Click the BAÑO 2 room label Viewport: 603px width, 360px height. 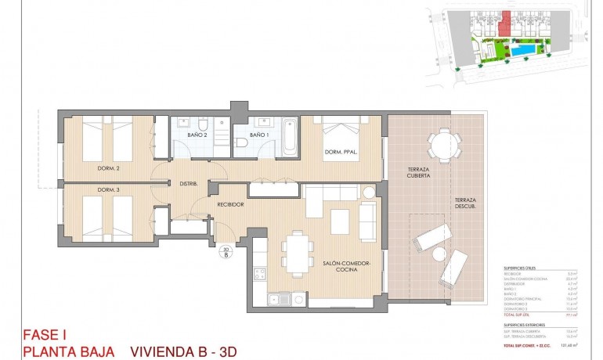[x=197, y=135]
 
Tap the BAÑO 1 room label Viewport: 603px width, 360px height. [x=259, y=135]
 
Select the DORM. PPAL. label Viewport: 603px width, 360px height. [x=341, y=153]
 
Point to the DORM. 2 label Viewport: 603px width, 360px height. [x=108, y=168]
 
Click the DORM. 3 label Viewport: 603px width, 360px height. [x=108, y=190]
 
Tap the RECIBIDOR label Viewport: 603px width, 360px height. [x=230, y=204]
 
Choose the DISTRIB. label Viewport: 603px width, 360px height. [x=188, y=184]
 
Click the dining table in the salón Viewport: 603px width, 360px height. [x=296, y=254]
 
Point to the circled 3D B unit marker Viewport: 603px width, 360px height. [x=226, y=251]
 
